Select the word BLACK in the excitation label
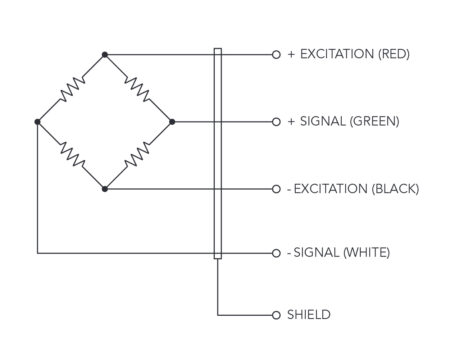pos(393,188)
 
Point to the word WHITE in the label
pos(366,252)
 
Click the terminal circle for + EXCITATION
pos(276,54)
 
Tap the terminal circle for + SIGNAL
pos(276,122)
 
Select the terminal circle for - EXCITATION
pos(276,188)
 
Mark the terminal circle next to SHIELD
pos(276,315)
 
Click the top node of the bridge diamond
pos(105,54)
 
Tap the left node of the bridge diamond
pos(37,122)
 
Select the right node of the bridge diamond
pos(172,122)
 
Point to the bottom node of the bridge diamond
pos(105,188)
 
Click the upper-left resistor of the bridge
pos(71,88)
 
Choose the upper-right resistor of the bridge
pos(139,88)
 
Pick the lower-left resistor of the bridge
pos(71,155)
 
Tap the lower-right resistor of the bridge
pos(139,155)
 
